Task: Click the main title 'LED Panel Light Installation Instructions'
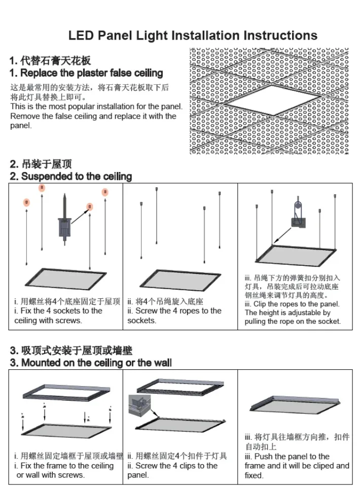(x=193, y=36)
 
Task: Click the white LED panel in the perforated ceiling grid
(x=268, y=101)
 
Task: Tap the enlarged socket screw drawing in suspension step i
(x=64, y=218)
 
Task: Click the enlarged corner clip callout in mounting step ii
(x=141, y=404)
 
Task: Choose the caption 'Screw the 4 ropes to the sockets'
(x=174, y=316)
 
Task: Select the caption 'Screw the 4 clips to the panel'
(x=172, y=470)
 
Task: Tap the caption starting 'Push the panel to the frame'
(x=297, y=466)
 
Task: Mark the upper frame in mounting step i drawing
(x=66, y=393)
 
